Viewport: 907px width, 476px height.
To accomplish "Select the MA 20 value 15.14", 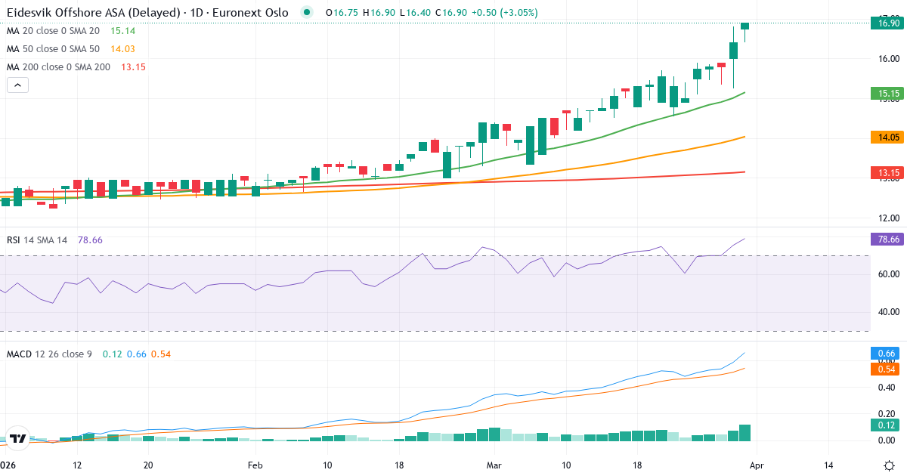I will pyautogui.click(x=123, y=31).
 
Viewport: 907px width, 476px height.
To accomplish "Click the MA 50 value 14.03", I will pyautogui.click(x=123, y=49).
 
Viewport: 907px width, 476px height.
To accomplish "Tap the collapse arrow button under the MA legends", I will pyautogui.click(x=17, y=85).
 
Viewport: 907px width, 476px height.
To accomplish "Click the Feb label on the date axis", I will pyautogui.click(x=255, y=465).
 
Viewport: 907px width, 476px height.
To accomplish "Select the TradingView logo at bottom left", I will pyautogui.click(x=18, y=438).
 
